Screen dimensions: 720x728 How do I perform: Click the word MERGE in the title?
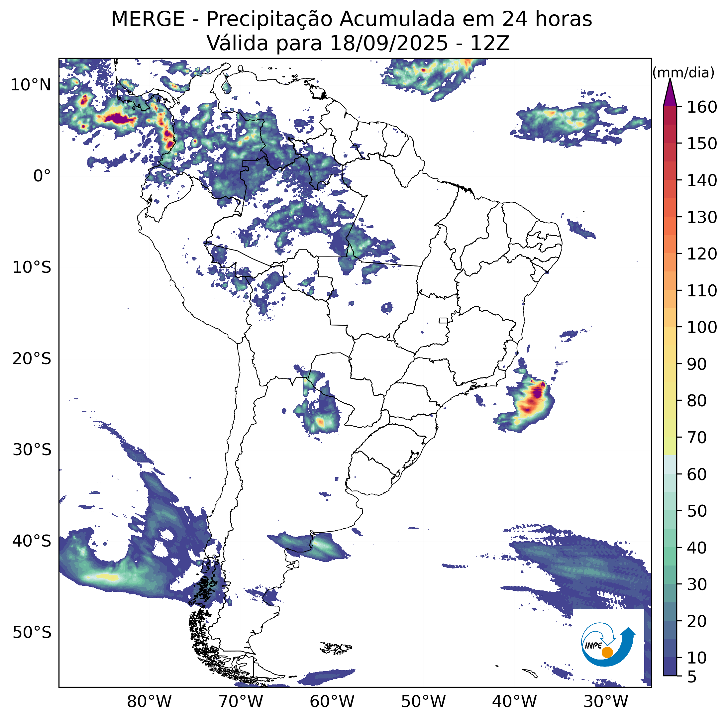tap(148, 19)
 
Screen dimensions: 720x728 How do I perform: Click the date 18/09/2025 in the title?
tap(388, 43)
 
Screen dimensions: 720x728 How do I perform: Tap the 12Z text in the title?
tap(489, 43)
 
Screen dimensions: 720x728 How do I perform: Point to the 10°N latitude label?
tap(31, 85)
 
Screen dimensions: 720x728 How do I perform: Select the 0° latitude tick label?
tap(42, 176)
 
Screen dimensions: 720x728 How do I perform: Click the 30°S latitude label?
tap(32, 450)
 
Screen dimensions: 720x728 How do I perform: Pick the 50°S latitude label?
tap(32, 633)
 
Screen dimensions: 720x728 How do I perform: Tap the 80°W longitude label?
tap(149, 701)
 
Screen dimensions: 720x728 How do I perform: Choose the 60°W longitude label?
tap(332, 701)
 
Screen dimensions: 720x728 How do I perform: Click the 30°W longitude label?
tap(606, 701)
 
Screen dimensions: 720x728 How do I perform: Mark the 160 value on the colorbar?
tap(702, 107)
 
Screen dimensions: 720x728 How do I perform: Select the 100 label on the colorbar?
tap(702, 327)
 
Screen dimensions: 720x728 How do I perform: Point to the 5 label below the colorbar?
tap(692, 677)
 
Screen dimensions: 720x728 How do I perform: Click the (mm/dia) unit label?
tap(683, 73)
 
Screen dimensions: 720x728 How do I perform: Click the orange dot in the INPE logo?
tap(607, 652)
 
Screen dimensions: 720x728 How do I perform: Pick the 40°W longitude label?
tap(514, 701)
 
